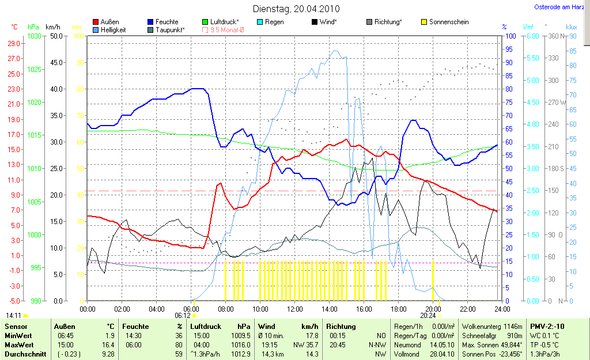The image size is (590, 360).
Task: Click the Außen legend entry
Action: pos(109,22)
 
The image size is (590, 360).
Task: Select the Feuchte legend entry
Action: pos(167,22)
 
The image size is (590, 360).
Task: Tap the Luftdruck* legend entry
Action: pos(224,22)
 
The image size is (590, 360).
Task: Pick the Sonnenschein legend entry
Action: pos(448,22)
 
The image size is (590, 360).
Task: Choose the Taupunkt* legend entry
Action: pos(170,29)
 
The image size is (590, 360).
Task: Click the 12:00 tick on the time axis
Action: pos(295,309)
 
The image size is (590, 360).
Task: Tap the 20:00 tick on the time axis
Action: pos(433,309)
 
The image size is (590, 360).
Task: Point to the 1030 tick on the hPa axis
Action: pos(34,36)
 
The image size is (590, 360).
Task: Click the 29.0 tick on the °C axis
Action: pos(13,43)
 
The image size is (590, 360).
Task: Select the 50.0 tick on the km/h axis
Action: pos(56,36)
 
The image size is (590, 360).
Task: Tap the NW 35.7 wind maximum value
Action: pos(305,344)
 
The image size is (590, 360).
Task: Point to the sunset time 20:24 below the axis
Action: pos(428,316)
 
